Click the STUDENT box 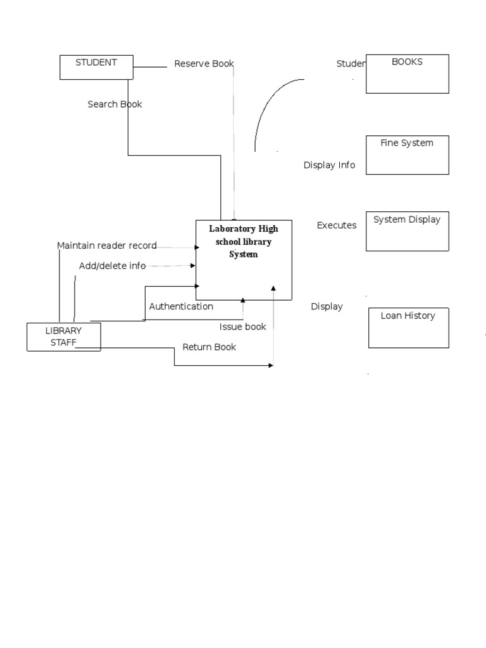(x=96, y=67)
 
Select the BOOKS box (x=407, y=73)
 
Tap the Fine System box (x=407, y=154)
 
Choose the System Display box (x=407, y=231)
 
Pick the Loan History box (x=408, y=328)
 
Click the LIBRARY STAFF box (x=63, y=337)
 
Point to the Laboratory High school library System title (x=244, y=241)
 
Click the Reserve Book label (x=204, y=63)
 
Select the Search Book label (x=115, y=104)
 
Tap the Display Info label (x=329, y=165)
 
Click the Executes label (x=337, y=225)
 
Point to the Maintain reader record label (x=106, y=246)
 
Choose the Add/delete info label (x=112, y=266)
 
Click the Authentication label (x=181, y=306)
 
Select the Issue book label (x=242, y=327)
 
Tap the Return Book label (x=209, y=347)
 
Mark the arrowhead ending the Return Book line (x=271, y=365)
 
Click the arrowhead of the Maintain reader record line (x=197, y=247)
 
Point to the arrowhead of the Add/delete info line (x=194, y=266)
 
